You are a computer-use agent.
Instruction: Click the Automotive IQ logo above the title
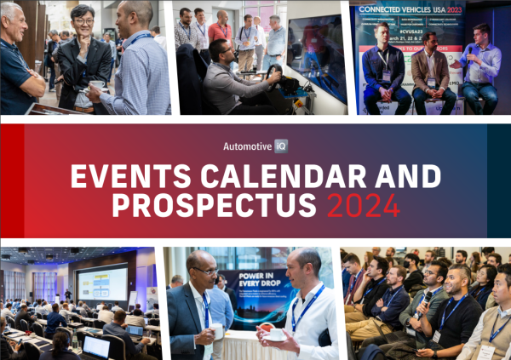tap(255, 146)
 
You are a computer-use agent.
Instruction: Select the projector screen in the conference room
tap(102, 283)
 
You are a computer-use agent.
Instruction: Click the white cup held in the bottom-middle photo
tap(273, 335)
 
